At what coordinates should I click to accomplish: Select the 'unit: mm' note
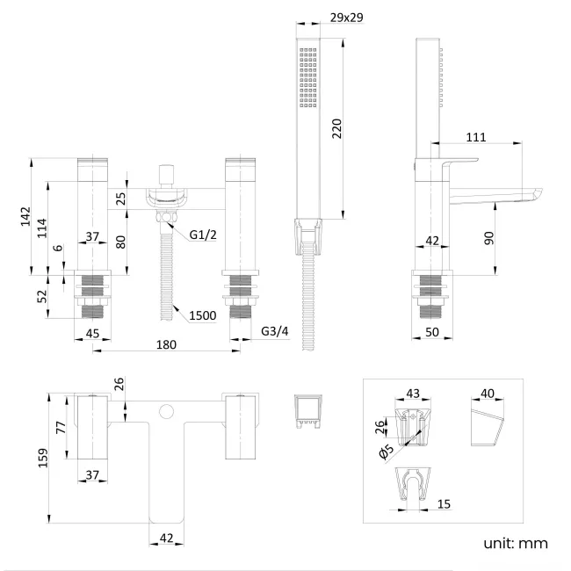coord(515,544)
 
